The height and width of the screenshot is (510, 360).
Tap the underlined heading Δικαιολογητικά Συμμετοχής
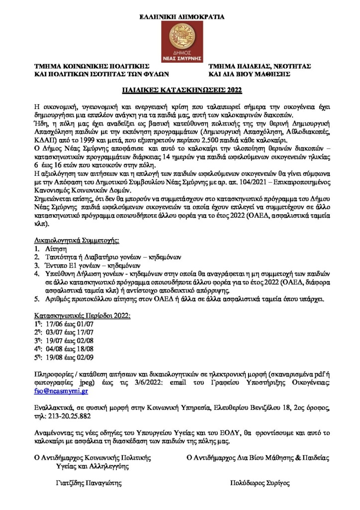(x=77, y=240)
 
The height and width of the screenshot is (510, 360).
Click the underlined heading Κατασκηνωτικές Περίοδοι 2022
(x=82, y=315)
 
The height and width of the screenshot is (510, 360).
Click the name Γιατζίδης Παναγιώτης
(x=88, y=483)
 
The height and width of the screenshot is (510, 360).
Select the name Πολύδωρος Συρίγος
(x=260, y=483)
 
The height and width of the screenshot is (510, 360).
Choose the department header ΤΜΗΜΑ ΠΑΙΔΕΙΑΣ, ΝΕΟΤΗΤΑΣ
(x=260, y=67)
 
